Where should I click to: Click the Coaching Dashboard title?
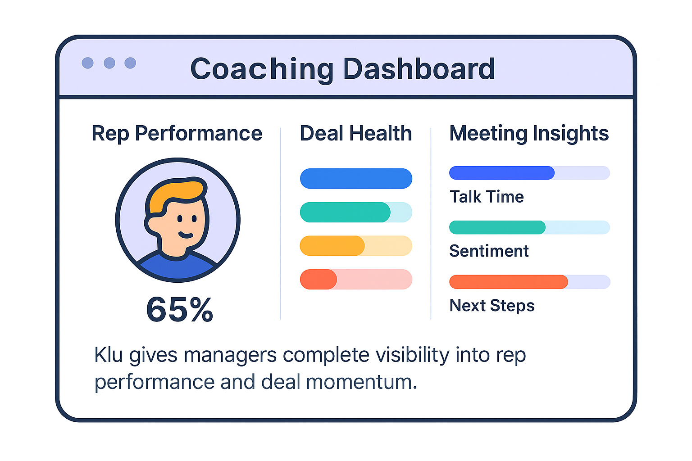pos(342,69)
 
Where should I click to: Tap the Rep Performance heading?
pos(177,133)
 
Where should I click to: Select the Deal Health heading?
pos(356,133)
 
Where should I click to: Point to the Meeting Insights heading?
pos(529,133)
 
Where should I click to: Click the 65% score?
pos(179,310)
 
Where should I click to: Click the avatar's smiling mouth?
pos(185,235)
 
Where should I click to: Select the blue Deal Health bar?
pos(356,178)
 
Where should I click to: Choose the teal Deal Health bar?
pos(345,212)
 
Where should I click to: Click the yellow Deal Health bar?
pos(332,246)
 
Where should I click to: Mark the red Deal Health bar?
pos(319,279)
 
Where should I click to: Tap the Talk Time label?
pos(487,197)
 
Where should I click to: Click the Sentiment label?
pos(489,251)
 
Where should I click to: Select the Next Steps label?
pos(492,306)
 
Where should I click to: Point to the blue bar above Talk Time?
pos(502,173)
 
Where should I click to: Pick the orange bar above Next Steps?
pos(508,282)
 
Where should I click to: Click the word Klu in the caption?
pos(108,355)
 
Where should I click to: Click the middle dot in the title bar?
pos(109,63)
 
